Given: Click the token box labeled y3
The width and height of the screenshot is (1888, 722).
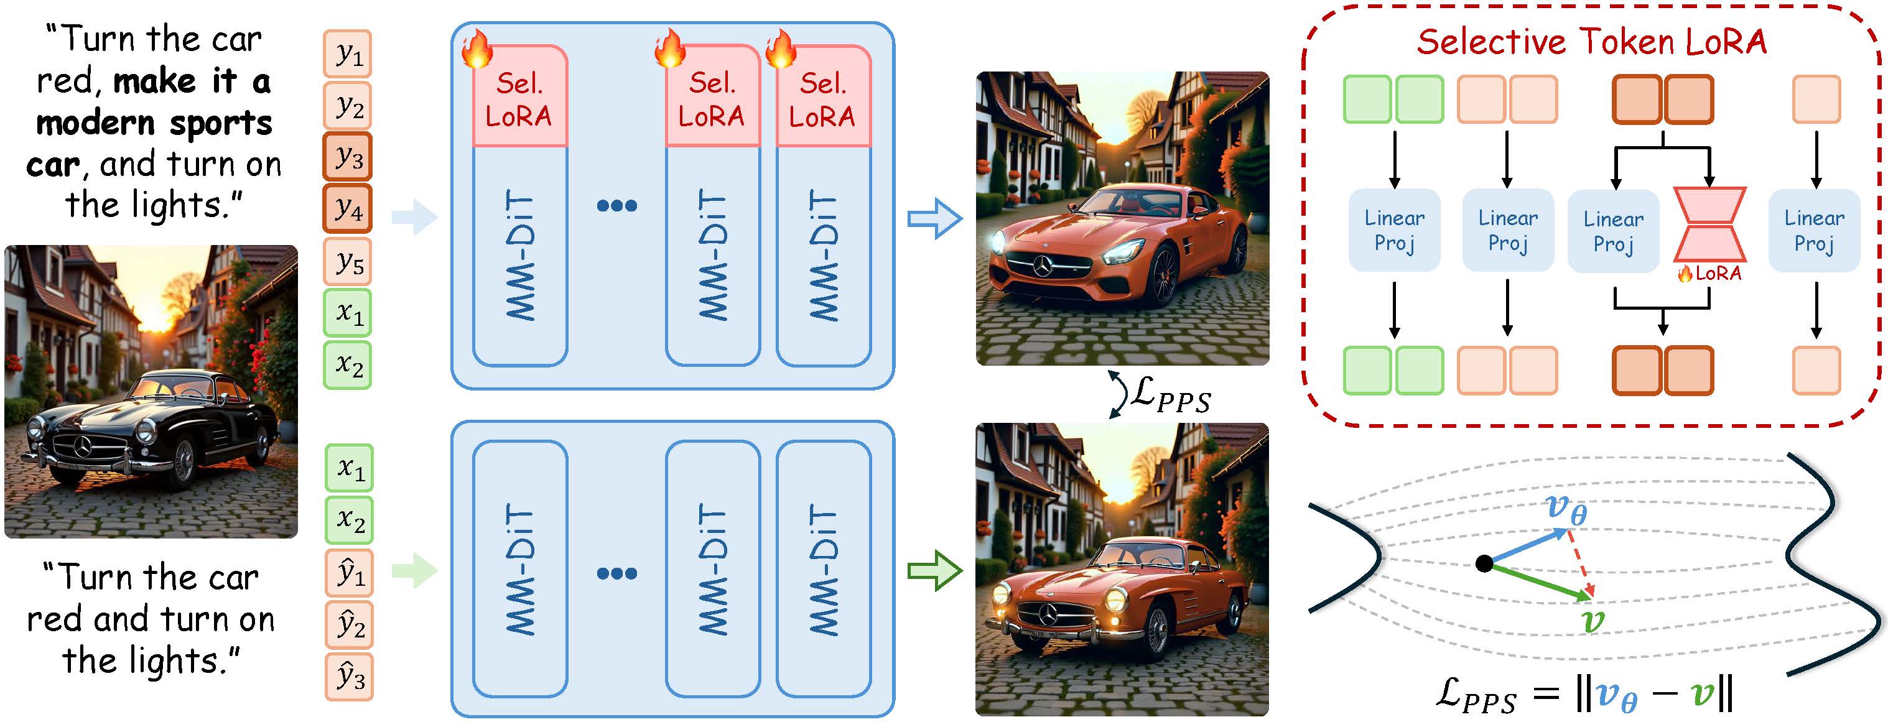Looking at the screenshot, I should pyautogui.click(x=347, y=157).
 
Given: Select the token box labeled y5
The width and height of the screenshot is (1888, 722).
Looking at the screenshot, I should pyautogui.click(x=347, y=262).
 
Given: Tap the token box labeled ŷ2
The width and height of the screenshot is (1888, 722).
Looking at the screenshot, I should pyautogui.click(x=349, y=624).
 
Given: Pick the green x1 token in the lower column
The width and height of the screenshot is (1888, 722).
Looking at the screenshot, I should pyautogui.click(x=349, y=468).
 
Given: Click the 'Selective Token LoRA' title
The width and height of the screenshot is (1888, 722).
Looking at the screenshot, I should pyautogui.click(x=1591, y=41).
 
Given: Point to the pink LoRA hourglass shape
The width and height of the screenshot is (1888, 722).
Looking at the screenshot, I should pyautogui.click(x=1709, y=225).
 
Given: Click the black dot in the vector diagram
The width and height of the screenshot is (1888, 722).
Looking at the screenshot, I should pyautogui.click(x=1484, y=563).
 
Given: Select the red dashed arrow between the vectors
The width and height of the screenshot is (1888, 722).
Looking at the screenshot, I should pyautogui.click(x=1579, y=563).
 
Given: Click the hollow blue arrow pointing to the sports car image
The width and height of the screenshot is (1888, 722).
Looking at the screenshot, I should pyautogui.click(x=934, y=218).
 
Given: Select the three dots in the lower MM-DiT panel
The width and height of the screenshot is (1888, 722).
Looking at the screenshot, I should pyautogui.click(x=616, y=573).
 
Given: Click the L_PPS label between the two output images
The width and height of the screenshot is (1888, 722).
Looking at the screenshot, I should pyautogui.click(x=1169, y=395).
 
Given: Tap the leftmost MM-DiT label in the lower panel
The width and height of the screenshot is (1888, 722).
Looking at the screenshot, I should pyautogui.click(x=521, y=570).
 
